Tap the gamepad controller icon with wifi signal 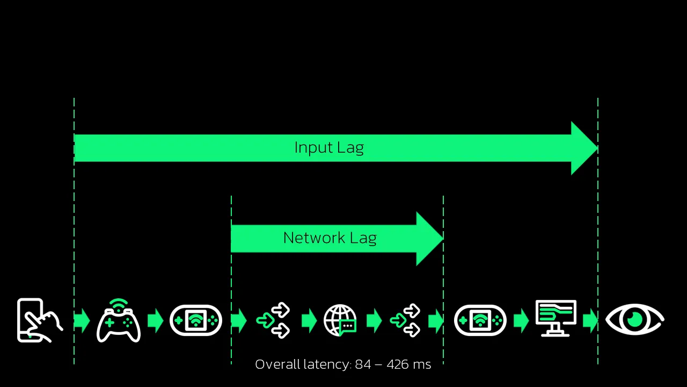[x=119, y=321]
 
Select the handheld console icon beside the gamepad [x=196, y=320]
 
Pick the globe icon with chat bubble [x=340, y=321]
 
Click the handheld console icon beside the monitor [x=480, y=320]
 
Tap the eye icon [x=635, y=320]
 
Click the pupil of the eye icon [x=635, y=319]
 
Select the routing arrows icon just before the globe [x=274, y=321]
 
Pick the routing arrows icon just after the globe [x=405, y=321]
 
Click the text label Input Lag [x=329, y=148]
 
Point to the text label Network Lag [x=330, y=238]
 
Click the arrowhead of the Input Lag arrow [x=583, y=148]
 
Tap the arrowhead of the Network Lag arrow [x=429, y=239]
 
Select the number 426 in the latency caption [x=398, y=364]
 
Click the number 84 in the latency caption [x=363, y=364]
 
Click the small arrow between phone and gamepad [x=82, y=321]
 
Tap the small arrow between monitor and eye [x=590, y=321]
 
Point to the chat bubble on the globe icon [x=348, y=326]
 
